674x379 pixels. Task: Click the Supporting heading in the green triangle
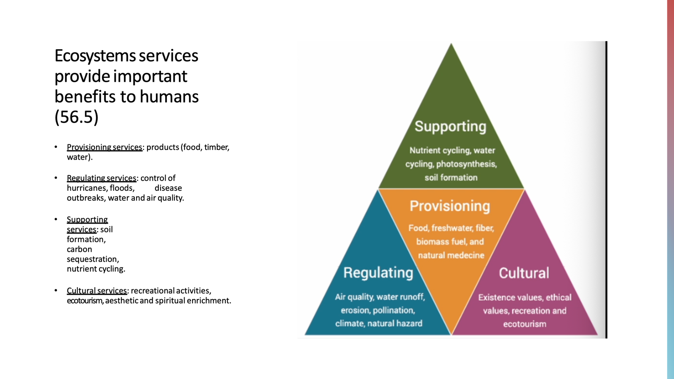point(450,126)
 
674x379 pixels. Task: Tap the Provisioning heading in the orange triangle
point(450,206)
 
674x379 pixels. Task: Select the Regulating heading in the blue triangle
point(378,273)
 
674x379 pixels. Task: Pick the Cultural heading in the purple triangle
point(524,273)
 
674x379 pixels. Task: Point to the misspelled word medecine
point(468,255)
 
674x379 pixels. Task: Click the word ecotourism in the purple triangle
point(524,324)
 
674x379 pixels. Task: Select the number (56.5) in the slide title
point(76,117)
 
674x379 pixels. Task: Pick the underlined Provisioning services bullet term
point(104,147)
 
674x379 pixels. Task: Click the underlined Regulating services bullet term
point(102,178)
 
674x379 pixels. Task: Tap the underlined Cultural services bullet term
point(96,291)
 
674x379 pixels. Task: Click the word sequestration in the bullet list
point(93,259)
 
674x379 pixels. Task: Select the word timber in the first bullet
point(217,147)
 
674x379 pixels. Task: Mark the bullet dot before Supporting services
point(56,219)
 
